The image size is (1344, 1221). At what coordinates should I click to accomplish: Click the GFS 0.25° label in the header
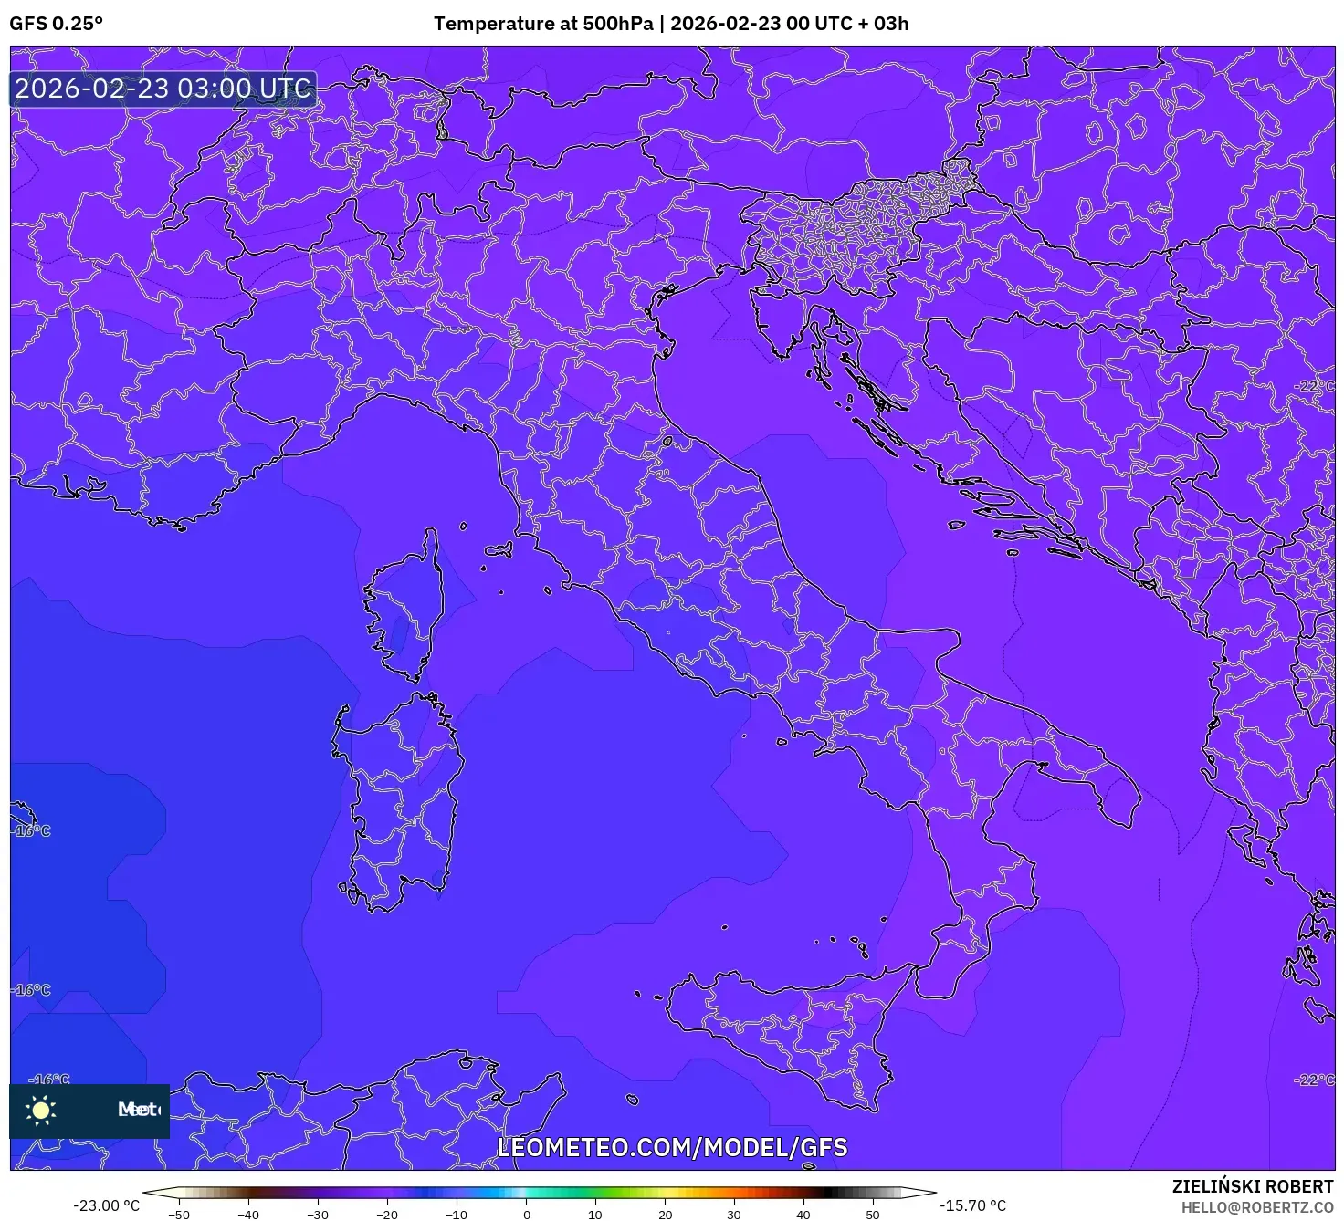pyautogui.click(x=57, y=24)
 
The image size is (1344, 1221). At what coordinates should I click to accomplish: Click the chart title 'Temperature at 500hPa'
pyautogui.click(x=542, y=24)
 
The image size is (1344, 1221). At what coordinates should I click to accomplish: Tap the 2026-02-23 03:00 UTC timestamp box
pyautogui.click(x=163, y=89)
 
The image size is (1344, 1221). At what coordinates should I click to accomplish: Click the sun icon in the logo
pyautogui.click(x=41, y=1110)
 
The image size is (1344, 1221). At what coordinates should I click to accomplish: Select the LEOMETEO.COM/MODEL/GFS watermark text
pyautogui.click(x=672, y=1147)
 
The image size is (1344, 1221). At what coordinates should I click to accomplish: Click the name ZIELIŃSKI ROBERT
pyautogui.click(x=1253, y=1186)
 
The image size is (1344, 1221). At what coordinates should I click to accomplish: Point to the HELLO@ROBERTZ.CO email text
pyautogui.click(x=1257, y=1207)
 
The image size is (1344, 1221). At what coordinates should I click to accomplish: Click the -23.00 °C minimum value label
pyautogui.click(x=107, y=1205)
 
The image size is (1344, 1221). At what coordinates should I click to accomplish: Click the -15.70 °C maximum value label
pyautogui.click(x=973, y=1205)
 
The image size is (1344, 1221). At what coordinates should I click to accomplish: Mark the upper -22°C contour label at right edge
pyautogui.click(x=1315, y=386)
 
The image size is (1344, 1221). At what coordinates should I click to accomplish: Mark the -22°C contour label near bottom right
pyautogui.click(x=1315, y=1080)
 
